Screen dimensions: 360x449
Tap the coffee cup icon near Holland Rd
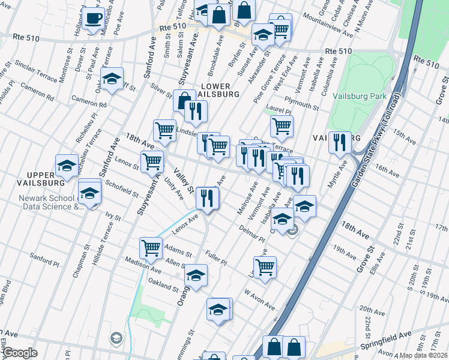point(93,19)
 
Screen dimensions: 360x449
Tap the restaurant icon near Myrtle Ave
point(340,143)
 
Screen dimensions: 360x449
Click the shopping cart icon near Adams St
point(151,247)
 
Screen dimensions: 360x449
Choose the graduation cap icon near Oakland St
point(196,275)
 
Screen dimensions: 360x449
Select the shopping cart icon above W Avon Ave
point(265,267)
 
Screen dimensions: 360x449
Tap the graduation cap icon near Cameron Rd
point(112,79)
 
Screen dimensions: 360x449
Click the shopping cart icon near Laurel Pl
point(282,126)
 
